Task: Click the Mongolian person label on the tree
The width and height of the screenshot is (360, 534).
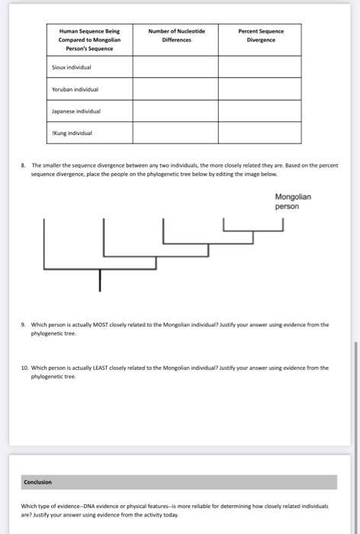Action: (292, 201)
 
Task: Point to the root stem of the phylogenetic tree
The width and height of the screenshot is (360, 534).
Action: (99, 280)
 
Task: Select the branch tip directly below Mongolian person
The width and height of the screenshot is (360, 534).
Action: (283, 222)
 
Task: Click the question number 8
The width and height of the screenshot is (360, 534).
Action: (24, 165)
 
